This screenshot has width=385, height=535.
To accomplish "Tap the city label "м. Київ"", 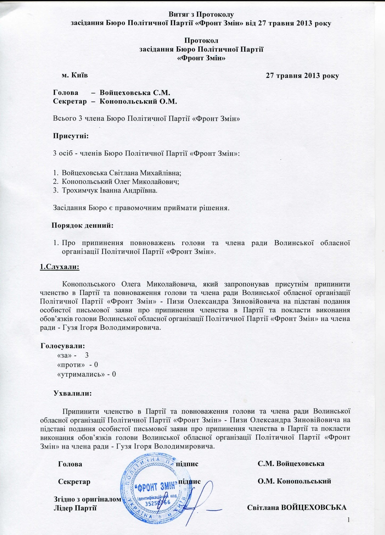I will (x=75, y=75).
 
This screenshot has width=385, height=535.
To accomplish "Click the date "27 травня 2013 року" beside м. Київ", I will (x=303, y=76).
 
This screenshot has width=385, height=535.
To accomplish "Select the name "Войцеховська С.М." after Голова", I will (x=135, y=93).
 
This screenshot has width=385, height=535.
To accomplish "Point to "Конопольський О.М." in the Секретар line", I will (x=138, y=101).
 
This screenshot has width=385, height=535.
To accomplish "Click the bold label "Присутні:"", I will (x=71, y=136).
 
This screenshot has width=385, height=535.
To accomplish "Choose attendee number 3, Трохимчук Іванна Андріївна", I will (x=109, y=190).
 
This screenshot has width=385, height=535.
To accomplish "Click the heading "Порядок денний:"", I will (x=82, y=225).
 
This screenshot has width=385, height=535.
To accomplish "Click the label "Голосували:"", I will (x=63, y=346).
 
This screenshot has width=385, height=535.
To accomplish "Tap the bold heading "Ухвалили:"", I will (x=73, y=394).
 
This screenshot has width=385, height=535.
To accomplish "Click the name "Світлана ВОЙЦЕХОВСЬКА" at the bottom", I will (x=297, y=508).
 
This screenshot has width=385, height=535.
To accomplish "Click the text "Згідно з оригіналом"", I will (x=88, y=499).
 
